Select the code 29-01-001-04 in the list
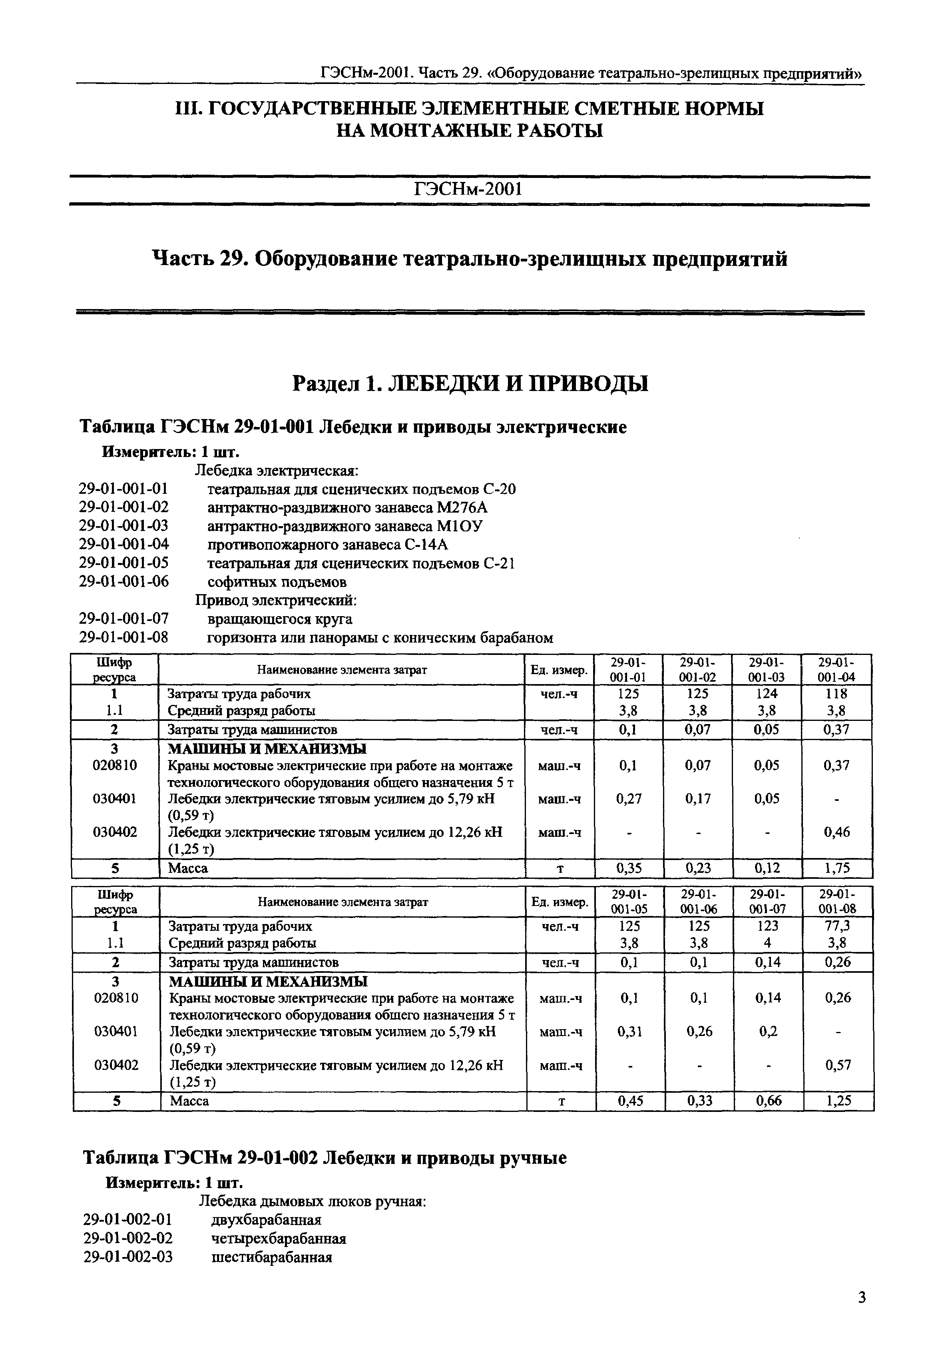coord(123,544)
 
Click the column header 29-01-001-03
coord(767,670)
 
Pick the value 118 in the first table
coord(836,693)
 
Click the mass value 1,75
coord(836,868)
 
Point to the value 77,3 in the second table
coord(838,926)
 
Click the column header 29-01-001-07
coord(768,902)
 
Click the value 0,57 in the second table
coord(838,1065)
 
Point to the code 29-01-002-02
coord(128,1238)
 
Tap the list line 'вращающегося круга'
coord(279,619)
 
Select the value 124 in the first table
coord(767,693)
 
